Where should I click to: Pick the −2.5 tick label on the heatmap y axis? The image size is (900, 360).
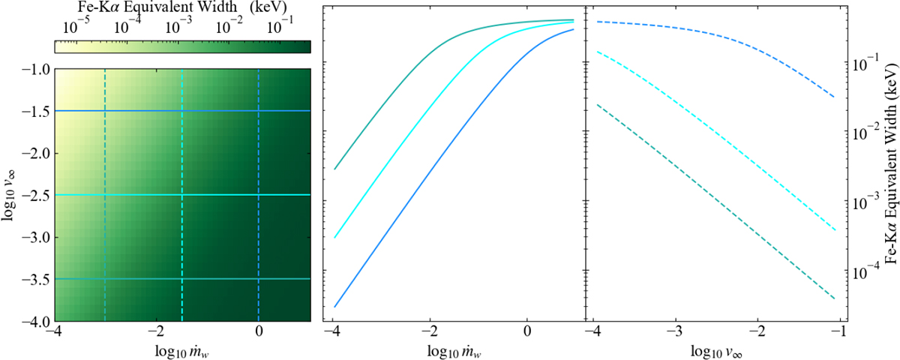34,196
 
